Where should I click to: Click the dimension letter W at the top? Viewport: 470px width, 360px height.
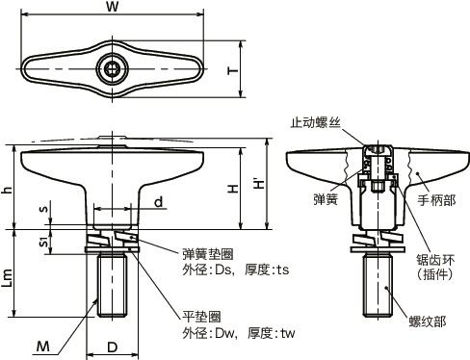pyautogui.click(x=113, y=7)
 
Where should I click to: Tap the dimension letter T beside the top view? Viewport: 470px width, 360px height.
pyautogui.click(x=233, y=70)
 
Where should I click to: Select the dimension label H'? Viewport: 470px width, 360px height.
pyautogui.click(x=259, y=183)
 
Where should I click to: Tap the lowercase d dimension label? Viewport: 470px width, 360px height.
pyautogui.click(x=159, y=202)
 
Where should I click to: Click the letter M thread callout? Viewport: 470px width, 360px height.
pyautogui.click(x=43, y=347)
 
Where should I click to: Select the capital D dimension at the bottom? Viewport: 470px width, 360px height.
pyautogui.click(x=112, y=347)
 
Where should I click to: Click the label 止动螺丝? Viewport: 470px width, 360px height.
pyautogui.click(x=315, y=122)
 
